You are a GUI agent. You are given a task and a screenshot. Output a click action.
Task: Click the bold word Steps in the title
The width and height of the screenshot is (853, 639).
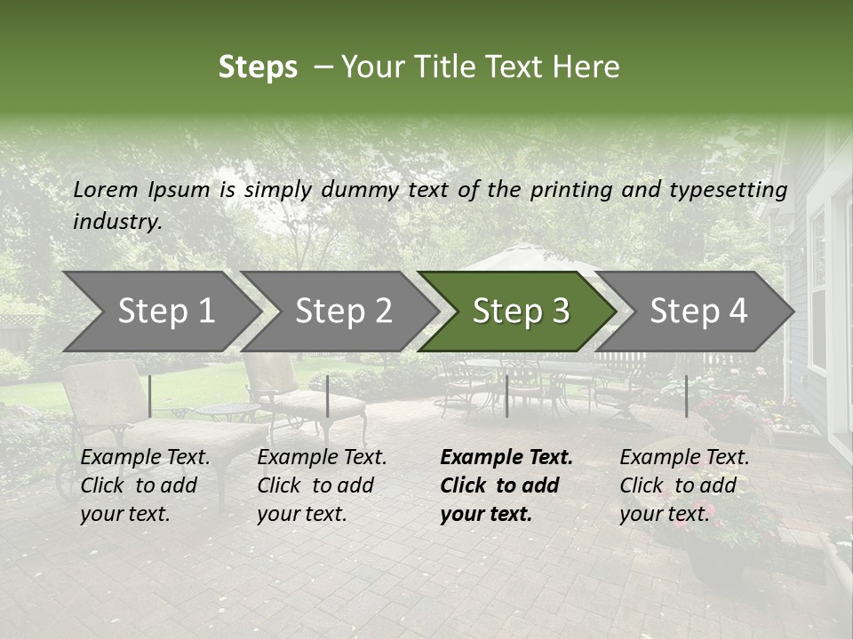(x=258, y=67)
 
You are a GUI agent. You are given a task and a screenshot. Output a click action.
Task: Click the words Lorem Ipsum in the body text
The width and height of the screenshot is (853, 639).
(x=141, y=189)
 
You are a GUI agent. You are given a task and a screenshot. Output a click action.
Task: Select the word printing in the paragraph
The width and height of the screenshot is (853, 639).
(x=572, y=190)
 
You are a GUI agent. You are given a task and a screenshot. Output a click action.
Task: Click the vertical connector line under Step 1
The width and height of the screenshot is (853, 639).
(x=150, y=396)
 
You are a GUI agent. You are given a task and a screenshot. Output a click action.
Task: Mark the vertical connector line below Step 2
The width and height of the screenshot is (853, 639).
(x=328, y=396)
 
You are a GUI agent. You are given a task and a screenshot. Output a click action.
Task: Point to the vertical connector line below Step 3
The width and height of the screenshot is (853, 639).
(x=506, y=396)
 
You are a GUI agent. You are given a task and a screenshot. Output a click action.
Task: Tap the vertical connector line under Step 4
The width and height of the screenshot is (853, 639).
(x=686, y=396)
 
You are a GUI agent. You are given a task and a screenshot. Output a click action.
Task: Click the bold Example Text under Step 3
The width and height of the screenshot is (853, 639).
(x=506, y=458)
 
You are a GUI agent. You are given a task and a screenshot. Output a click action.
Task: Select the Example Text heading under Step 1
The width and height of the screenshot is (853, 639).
(x=145, y=458)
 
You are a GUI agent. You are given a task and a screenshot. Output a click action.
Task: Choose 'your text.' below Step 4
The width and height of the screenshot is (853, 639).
(x=664, y=515)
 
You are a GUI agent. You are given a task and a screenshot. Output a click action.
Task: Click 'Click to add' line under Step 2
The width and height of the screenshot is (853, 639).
(x=315, y=486)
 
